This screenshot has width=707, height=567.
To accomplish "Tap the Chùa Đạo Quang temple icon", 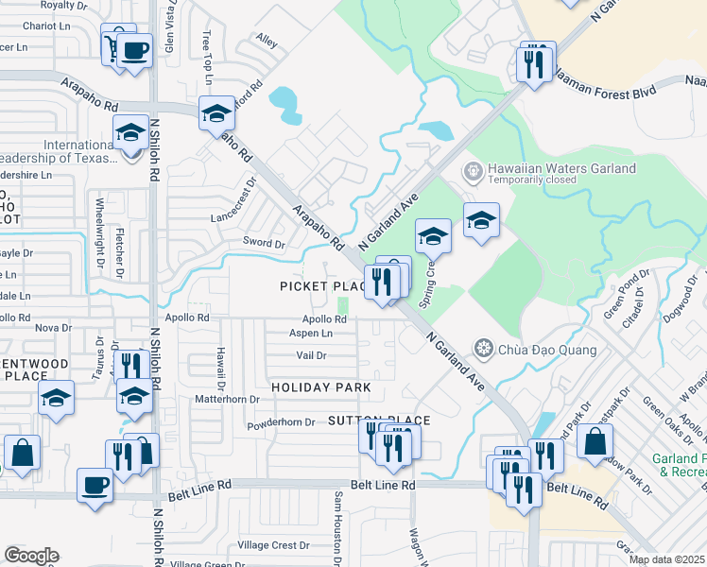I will [x=485, y=350].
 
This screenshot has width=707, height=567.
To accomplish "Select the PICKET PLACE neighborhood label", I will [x=321, y=285].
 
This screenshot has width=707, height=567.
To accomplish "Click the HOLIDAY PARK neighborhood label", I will [x=315, y=388].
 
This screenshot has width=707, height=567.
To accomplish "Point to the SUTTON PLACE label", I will [x=378, y=421].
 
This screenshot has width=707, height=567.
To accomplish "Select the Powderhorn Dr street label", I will [x=282, y=422].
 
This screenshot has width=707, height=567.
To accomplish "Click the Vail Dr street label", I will [x=311, y=355].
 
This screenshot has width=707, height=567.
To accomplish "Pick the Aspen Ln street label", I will [x=311, y=334].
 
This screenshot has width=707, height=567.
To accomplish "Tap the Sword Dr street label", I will [x=264, y=244].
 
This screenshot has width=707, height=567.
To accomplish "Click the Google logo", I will [x=31, y=556].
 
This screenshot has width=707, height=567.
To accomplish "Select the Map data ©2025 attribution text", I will [x=667, y=559].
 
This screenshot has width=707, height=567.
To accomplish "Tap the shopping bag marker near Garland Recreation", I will [x=595, y=441].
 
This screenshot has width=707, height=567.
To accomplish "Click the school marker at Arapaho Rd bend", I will [x=216, y=113].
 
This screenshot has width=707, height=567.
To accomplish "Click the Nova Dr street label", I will [x=52, y=328].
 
